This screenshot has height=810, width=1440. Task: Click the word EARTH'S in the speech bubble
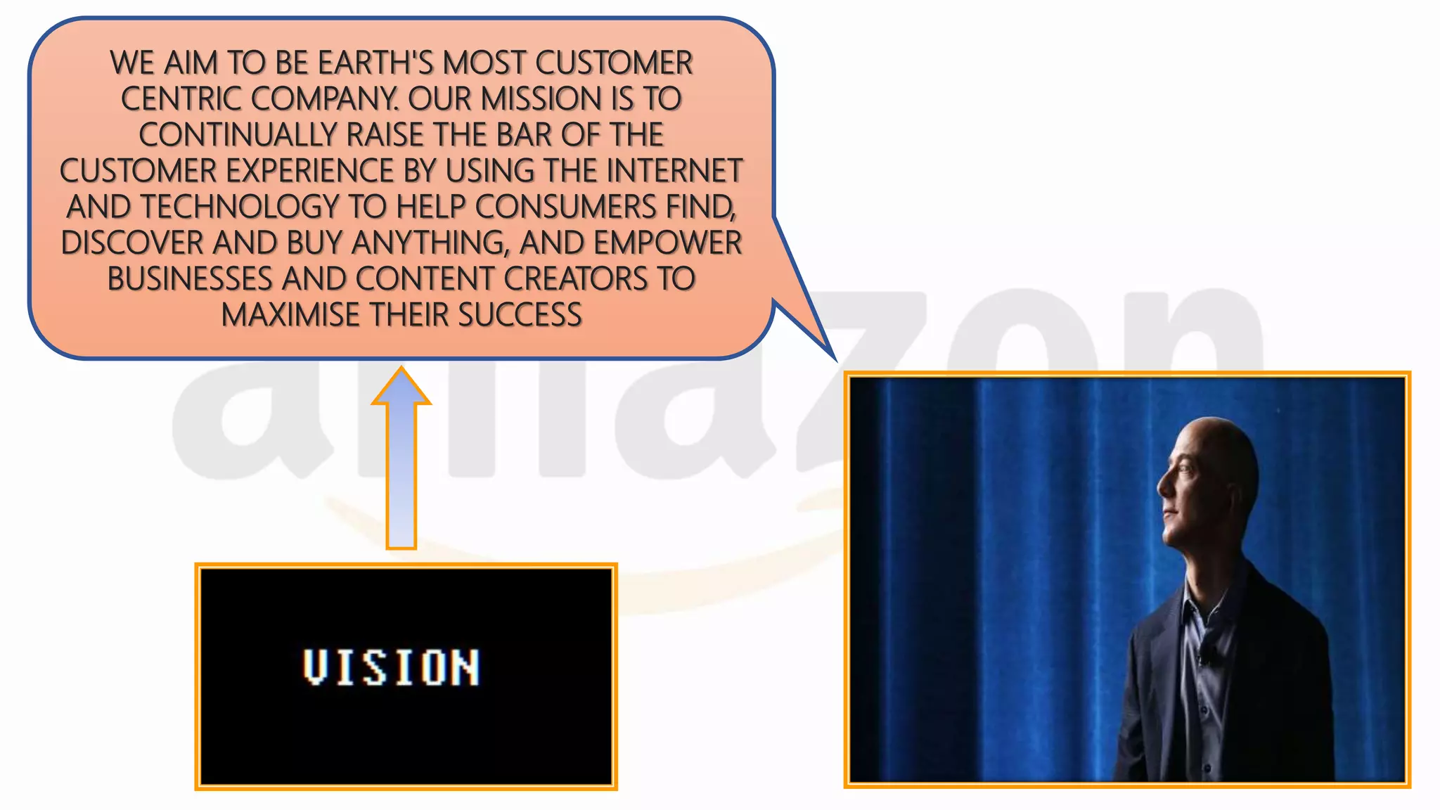(376, 63)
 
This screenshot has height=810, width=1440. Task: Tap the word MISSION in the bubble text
(541, 99)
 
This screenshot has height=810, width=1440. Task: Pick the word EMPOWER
(668, 243)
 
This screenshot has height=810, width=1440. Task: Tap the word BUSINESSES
(190, 279)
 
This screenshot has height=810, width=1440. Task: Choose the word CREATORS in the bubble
(576, 279)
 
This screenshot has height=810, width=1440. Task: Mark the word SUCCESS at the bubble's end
(520, 315)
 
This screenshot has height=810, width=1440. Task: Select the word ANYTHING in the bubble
(430, 243)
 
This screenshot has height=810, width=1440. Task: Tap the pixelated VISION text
(392, 667)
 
